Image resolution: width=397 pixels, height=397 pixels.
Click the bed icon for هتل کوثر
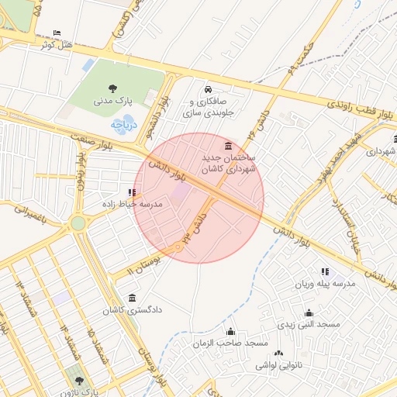pos(57,33)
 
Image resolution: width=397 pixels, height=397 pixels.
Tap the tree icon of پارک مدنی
pos(115,88)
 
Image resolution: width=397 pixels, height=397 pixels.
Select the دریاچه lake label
pos(123,123)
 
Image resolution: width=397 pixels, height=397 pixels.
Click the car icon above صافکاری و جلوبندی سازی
pos(208,89)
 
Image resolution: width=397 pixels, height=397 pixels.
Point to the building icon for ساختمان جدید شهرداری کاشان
pos(227,146)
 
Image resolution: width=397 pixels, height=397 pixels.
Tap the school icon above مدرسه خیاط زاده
pos(132,192)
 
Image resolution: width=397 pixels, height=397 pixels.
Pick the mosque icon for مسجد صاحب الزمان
pos(230,332)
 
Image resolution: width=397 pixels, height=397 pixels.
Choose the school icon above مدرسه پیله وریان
pos(324,272)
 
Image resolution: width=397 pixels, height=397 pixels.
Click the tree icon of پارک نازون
pos(78,380)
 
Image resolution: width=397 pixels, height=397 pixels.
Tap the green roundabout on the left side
pos(78,223)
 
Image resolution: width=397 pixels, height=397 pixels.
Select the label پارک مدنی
pos(114,101)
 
